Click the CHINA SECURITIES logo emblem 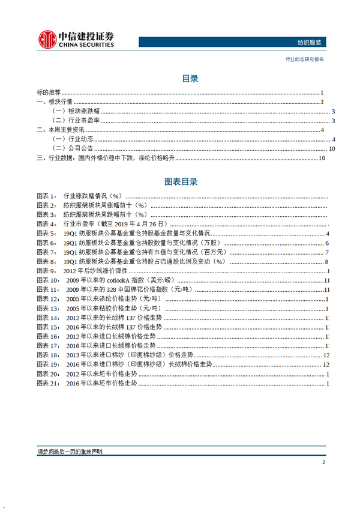click(47, 38)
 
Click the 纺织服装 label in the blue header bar click(310, 42)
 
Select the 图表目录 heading click(181, 181)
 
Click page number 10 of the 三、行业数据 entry click(322, 159)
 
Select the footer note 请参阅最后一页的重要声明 click(70, 452)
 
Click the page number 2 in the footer click(323, 462)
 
